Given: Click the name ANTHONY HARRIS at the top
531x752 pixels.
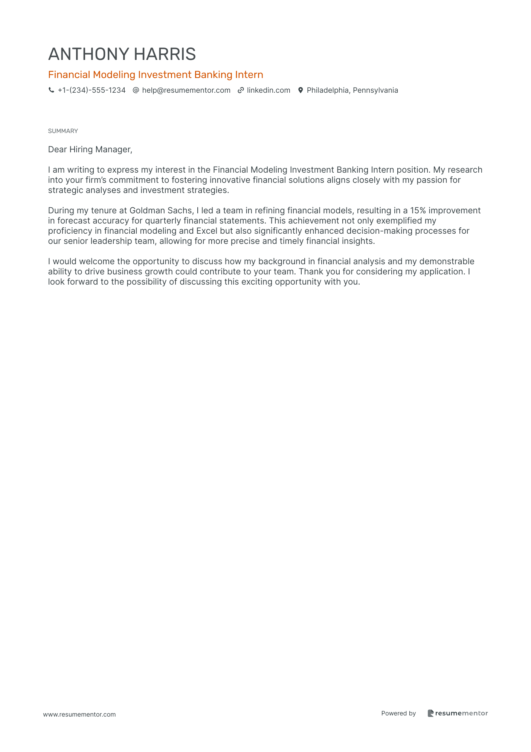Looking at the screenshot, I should pos(122,54).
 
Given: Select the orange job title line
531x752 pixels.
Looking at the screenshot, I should pos(156,75).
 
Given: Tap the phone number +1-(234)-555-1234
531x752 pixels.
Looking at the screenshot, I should pos(92,90).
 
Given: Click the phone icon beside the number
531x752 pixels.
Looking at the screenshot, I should pos(51,90).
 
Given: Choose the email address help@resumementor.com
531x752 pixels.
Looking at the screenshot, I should pos(186,90).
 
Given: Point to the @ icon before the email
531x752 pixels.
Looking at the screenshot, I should pos(136,90).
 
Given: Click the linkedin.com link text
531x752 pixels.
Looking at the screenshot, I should pos(269,90).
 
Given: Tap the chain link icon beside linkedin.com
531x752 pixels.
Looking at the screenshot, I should pos(241,90).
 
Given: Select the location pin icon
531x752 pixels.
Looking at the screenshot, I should pos(301,90).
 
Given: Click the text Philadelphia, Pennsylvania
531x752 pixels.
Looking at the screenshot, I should pos(352,90).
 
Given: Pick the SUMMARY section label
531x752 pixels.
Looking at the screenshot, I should pos(63,131).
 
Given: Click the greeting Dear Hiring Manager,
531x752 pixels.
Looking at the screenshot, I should pos(90,150).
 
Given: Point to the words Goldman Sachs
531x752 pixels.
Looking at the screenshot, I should pos(161,211).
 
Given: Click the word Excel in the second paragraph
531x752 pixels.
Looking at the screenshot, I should pos(207,231).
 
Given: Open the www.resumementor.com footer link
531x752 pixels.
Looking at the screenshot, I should pos(79,715).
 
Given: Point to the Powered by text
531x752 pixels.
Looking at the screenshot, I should pos(398,714).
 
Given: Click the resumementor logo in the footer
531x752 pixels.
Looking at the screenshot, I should pos(458,714).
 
